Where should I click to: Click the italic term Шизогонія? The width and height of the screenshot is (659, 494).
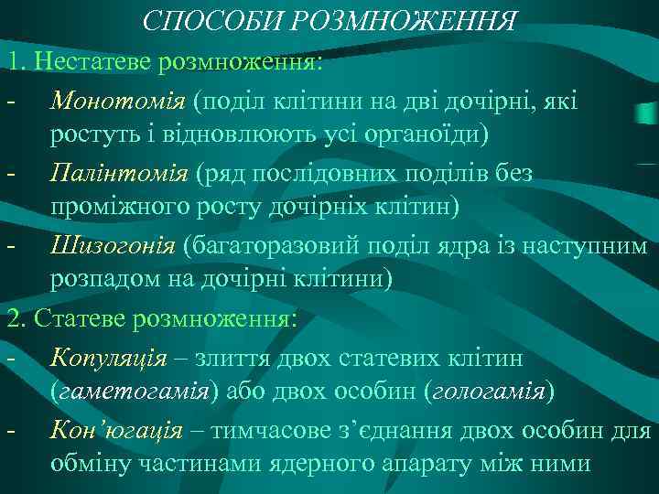[114, 244]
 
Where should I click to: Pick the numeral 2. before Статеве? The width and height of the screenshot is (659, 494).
[16, 317]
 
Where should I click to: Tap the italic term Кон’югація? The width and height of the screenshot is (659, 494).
[115, 428]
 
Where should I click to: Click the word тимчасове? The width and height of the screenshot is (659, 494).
[271, 428]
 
